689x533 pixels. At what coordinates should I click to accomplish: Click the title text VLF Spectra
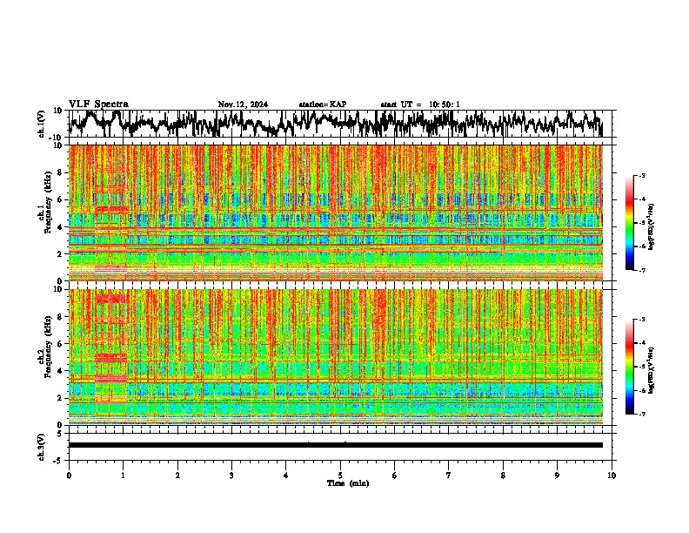98,104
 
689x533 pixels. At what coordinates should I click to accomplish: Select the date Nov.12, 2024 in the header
243,105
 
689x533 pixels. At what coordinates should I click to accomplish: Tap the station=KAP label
322,105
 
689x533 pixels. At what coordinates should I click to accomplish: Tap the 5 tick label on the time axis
340,475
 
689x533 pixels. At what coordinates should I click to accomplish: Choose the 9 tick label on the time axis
558,475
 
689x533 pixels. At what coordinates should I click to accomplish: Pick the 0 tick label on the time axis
69,475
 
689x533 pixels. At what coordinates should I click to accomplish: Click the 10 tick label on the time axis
612,475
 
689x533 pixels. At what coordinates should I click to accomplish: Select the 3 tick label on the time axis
231,475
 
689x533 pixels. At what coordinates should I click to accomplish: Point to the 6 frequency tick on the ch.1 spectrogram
61,200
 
